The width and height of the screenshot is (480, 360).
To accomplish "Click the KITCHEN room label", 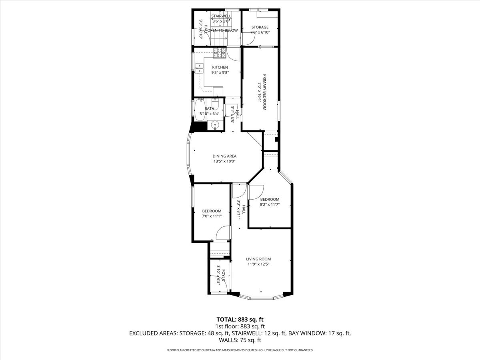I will [220, 67].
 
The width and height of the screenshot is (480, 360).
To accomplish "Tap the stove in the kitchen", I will [220, 52].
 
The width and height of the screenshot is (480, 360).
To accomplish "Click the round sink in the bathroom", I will [216, 125].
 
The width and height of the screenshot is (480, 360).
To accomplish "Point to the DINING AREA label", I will [224, 156].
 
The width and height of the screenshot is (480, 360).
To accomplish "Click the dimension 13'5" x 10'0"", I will [224, 162].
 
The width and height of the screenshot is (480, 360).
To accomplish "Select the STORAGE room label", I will [260, 27].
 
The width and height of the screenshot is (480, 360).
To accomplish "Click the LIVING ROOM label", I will [258, 259].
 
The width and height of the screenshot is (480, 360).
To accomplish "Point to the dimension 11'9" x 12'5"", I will [258, 264].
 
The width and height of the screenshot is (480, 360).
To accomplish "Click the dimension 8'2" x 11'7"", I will [270, 204].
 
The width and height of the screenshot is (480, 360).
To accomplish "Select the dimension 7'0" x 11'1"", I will [212, 216].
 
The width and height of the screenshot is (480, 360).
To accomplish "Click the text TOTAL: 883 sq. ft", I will [240, 319].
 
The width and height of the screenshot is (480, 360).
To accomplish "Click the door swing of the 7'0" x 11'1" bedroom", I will [223, 233].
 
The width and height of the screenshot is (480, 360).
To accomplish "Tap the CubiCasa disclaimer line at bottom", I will [240, 350].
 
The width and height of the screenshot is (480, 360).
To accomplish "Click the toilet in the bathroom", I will [215, 105].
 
